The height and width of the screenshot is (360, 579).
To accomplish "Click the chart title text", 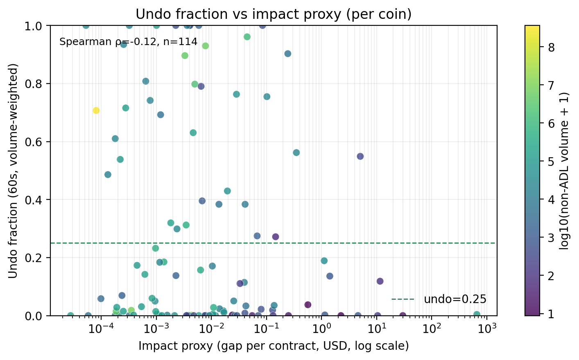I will click(273, 14).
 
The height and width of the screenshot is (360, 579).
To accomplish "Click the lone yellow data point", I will click(96, 111).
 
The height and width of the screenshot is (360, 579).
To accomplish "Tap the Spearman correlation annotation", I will click(128, 42).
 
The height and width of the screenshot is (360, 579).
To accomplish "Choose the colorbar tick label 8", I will click(551, 48).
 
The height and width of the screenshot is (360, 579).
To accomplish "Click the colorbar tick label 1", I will click(551, 314).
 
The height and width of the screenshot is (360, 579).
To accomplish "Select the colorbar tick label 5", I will click(551, 162).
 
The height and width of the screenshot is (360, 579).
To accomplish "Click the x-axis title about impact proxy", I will click(273, 346).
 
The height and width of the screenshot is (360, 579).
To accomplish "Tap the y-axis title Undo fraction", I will click(13, 170).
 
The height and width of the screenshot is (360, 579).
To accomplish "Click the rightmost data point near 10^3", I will click(476, 314).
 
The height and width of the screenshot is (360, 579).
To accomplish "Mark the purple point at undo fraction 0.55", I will click(360, 156).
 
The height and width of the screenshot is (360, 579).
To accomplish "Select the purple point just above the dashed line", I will click(276, 237).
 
